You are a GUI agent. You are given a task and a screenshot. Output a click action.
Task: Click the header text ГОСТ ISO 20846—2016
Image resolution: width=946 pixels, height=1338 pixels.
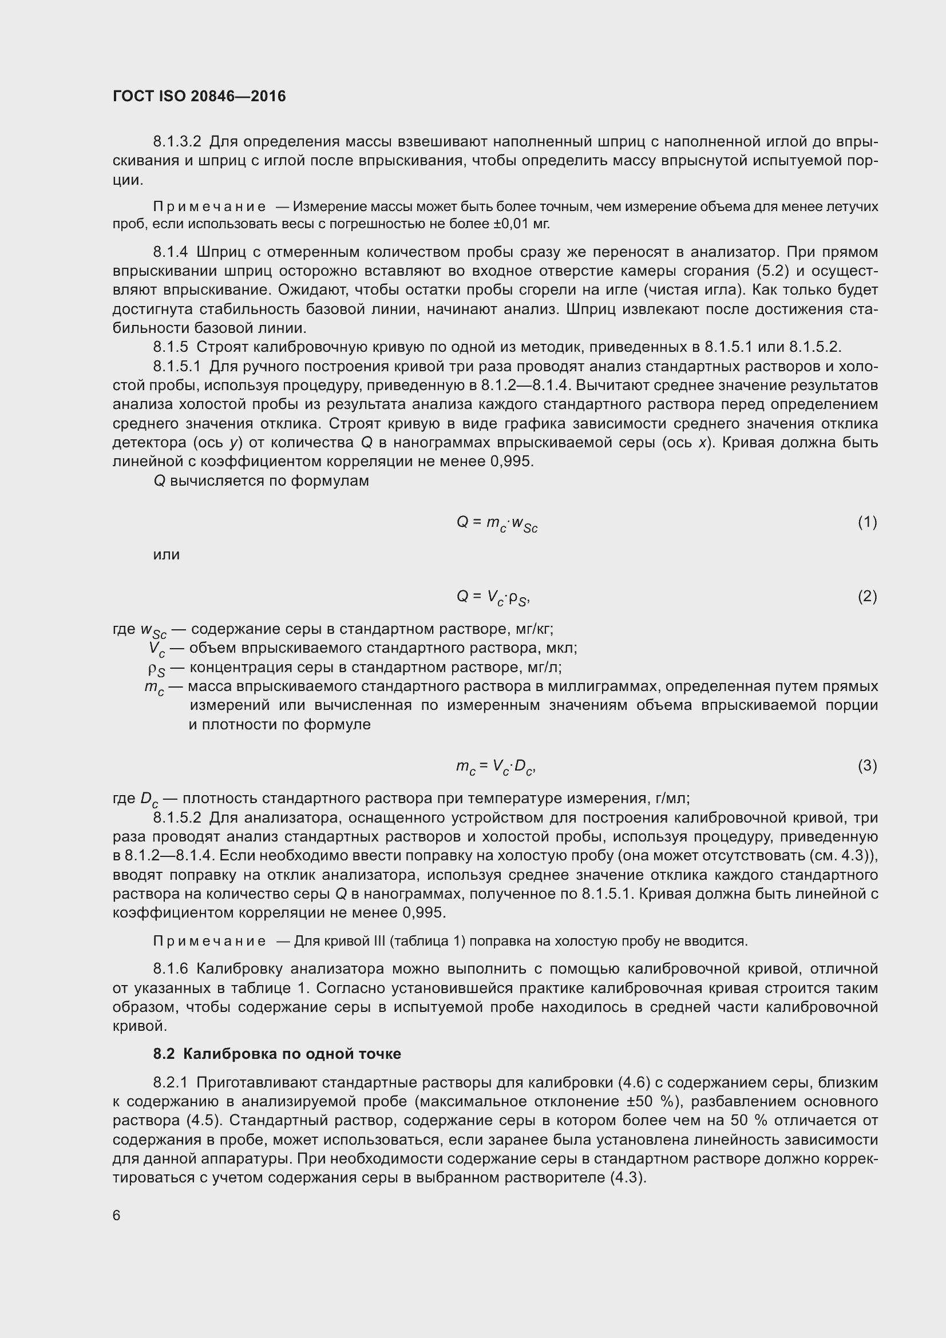click(x=199, y=97)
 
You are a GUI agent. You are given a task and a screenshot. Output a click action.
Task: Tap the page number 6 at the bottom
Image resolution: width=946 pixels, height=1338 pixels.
click(x=117, y=1216)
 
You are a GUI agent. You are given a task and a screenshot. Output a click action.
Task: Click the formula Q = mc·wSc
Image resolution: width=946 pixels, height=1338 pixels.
click(x=497, y=524)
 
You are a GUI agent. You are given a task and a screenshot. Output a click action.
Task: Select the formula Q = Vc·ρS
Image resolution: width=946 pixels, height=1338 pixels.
click(x=493, y=597)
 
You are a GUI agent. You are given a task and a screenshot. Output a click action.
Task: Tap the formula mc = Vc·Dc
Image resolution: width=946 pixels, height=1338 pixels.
click(x=496, y=767)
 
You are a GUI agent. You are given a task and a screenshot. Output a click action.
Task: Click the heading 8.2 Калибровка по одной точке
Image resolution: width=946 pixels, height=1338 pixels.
click(x=277, y=1054)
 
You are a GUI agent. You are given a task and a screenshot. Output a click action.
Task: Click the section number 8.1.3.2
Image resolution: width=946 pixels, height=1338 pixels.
click(x=177, y=142)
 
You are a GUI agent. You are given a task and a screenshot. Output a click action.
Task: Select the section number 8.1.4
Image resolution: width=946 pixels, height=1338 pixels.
click(x=171, y=252)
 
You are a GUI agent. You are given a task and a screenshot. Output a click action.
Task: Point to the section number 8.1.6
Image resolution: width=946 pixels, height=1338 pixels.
click(x=171, y=968)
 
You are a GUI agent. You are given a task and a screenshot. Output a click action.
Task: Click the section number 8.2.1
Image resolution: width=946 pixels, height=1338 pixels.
click(x=171, y=1082)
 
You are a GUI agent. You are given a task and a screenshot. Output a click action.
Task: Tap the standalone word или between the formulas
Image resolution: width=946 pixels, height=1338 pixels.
click(x=167, y=555)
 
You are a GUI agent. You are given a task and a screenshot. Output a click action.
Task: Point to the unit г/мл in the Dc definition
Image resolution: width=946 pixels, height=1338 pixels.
click(x=671, y=798)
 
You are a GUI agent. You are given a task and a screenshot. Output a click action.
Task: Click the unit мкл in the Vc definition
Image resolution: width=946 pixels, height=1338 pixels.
click(x=561, y=648)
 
